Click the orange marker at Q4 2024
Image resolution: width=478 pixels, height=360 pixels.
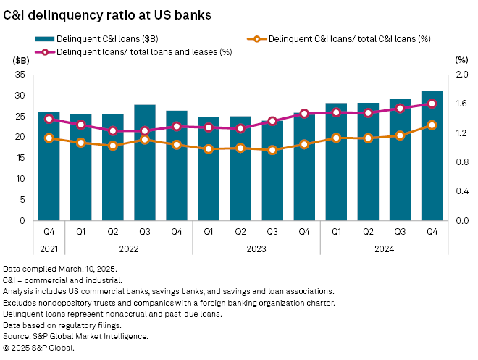(432, 125)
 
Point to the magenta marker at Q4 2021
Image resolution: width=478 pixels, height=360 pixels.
(49, 119)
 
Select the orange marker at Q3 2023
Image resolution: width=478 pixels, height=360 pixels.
(272, 150)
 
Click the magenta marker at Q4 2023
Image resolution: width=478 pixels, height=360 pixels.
(304, 114)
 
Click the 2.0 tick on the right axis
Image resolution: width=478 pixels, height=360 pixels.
(461, 75)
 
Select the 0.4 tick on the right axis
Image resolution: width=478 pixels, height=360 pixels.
(461, 191)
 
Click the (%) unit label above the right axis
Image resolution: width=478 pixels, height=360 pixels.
(461, 60)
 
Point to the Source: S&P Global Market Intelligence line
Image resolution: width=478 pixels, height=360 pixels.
(76, 336)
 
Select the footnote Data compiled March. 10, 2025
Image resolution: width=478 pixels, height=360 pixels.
(54, 268)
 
